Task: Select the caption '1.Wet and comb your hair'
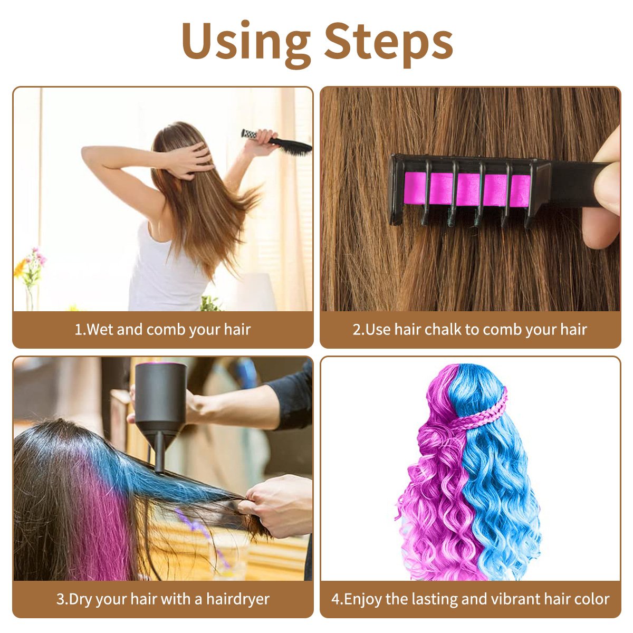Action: point(162,330)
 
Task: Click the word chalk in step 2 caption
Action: point(443,330)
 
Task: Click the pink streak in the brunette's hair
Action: point(100,527)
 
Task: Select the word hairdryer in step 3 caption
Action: point(237,599)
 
